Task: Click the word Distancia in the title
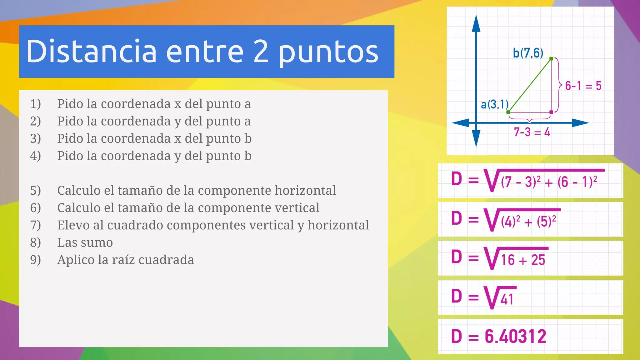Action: coord(91,51)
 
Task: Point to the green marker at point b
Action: coord(551,58)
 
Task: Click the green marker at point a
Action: coord(508,112)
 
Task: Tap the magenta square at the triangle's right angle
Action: coord(551,112)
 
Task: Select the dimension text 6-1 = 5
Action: coord(583,86)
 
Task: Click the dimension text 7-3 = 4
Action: coord(532,132)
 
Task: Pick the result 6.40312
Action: coord(515,337)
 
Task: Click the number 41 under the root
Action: coord(507,299)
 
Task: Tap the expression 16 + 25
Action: coord(523,260)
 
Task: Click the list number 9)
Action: coord(35,260)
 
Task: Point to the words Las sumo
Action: coord(85,242)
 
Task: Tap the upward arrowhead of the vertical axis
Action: coord(476,23)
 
